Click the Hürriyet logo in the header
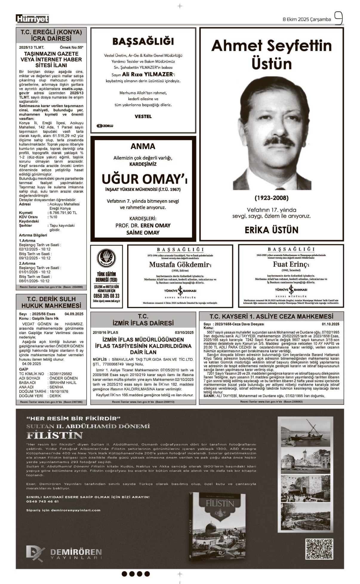tap(32, 19)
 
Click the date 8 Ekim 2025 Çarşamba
tap(307, 19)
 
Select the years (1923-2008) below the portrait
tap(271, 198)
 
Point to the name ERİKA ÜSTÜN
tap(271, 230)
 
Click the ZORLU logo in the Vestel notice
tap(105, 126)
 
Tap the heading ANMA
tap(143, 146)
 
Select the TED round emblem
tap(106, 258)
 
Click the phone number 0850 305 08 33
tap(106, 296)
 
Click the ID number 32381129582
tap(61, 374)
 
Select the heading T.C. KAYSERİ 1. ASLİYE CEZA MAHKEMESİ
tap(271, 316)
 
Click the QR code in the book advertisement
tap(319, 548)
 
